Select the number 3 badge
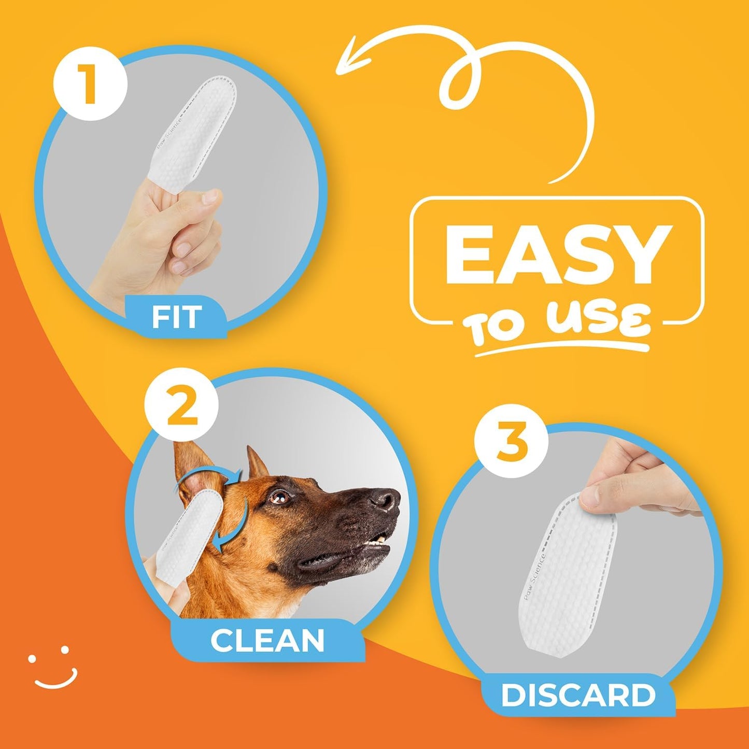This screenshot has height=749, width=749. click(x=511, y=441)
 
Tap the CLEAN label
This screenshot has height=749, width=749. click(x=267, y=641)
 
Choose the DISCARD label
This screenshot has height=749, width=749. click(x=578, y=695)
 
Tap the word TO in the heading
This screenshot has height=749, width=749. click(x=495, y=329)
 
